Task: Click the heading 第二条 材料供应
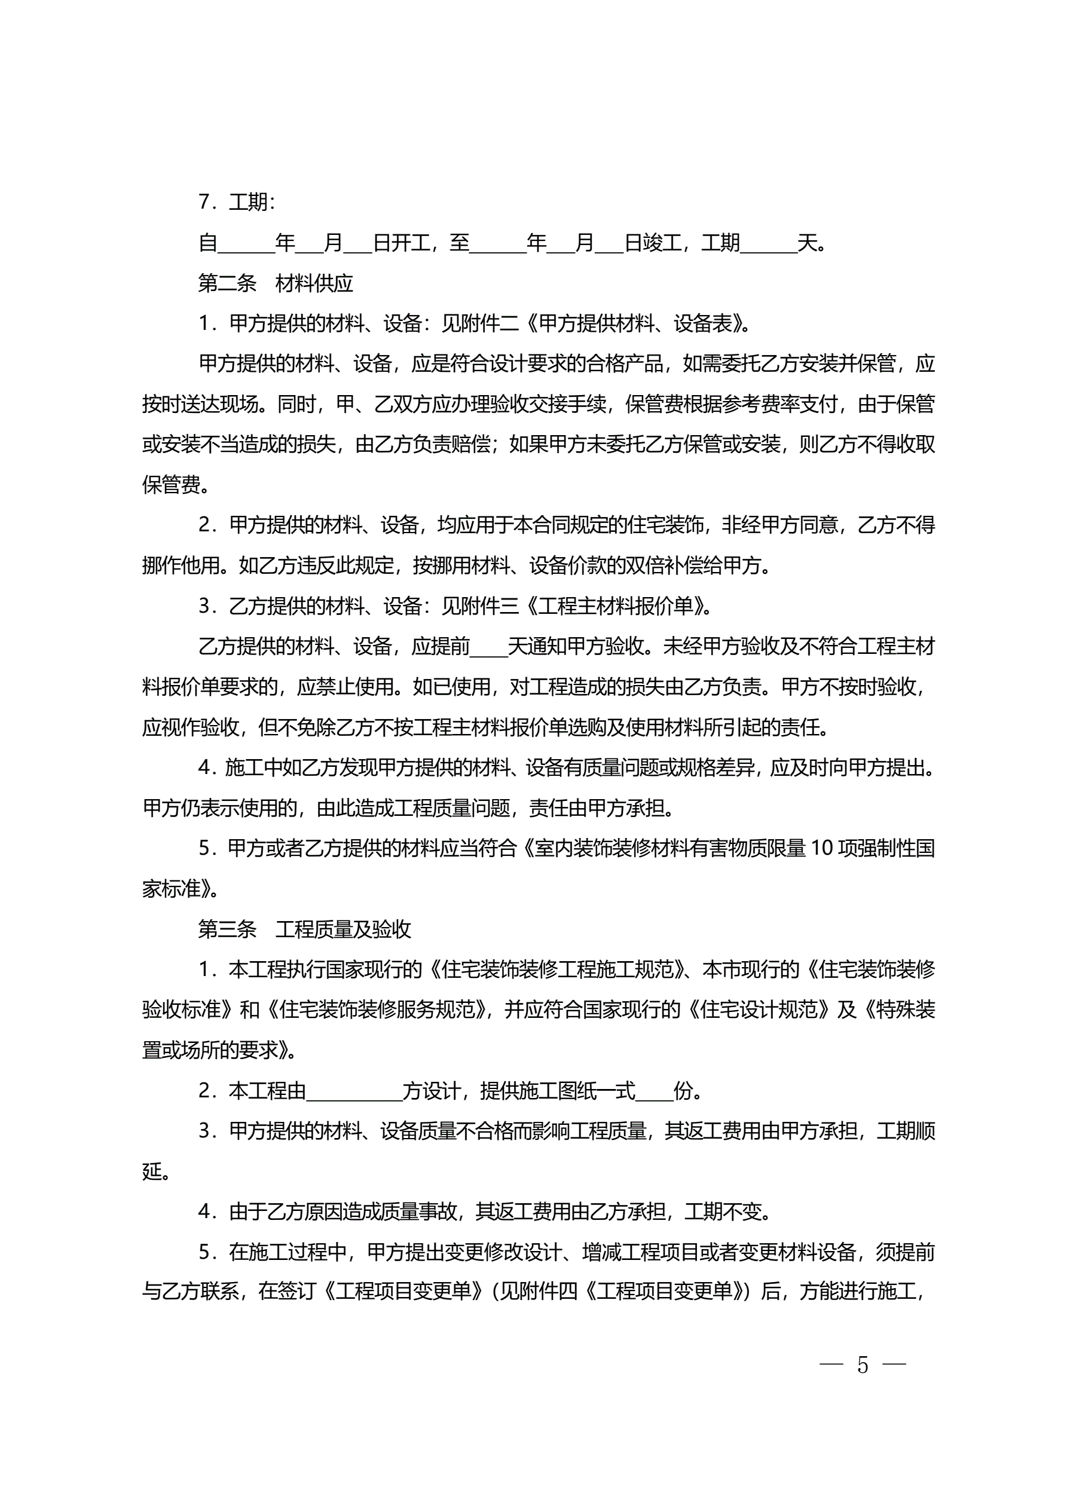pos(276,284)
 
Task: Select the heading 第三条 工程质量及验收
pos(305,929)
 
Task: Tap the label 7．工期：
pos(237,202)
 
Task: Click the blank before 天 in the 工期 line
pos(769,244)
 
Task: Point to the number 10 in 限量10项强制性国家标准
pos(821,849)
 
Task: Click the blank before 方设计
pos(354,1091)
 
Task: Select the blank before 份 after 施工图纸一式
pos(655,1091)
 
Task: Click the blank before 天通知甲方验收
pos(489,647)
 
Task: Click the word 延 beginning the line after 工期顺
pos(152,1171)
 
